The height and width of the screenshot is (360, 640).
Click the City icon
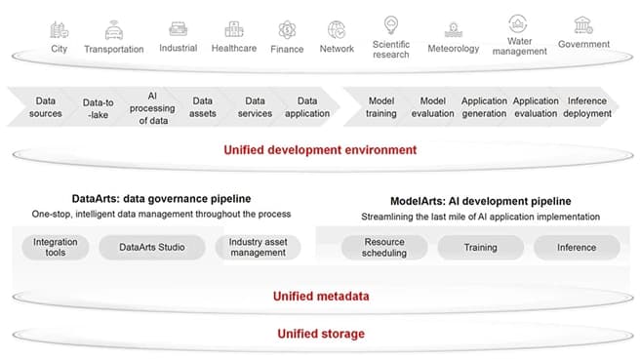(60, 29)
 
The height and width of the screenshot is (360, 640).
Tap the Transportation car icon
(113, 29)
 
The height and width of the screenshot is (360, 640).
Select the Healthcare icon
(234, 29)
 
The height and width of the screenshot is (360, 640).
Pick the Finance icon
(287, 29)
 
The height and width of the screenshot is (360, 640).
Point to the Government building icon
(583, 24)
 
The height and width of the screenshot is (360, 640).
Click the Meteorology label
(454, 48)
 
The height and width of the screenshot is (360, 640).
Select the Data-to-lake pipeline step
(99, 107)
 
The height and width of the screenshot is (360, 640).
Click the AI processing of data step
(151, 107)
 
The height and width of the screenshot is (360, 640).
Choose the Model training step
(380, 107)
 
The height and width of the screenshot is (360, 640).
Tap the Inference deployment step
(587, 107)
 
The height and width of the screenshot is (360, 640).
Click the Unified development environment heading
(320, 150)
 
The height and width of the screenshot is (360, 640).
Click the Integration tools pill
(55, 247)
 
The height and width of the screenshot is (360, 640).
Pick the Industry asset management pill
(258, 247)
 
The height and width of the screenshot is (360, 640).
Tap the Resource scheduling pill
(383, 247)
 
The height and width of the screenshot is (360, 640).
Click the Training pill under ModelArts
(481, 247)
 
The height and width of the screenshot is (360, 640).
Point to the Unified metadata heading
(320, 296)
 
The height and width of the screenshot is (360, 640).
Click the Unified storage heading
(320, 334)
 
